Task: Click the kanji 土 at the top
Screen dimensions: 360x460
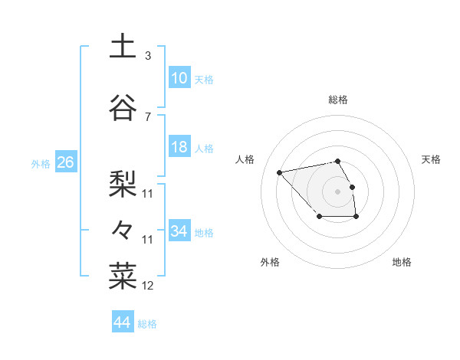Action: [123, 47]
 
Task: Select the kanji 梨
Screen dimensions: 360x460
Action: [123, 182]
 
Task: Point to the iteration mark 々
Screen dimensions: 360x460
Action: [123, 229]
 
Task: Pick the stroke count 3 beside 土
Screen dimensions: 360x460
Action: [148, 56]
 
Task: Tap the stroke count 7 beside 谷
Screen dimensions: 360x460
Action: [148, 116]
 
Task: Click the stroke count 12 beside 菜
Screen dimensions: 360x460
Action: [148, 286]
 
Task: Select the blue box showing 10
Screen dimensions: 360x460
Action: [179, 78]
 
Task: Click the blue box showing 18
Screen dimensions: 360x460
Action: [179, 147]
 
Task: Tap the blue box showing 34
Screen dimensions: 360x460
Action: [179, 231]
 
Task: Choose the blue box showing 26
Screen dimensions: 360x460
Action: [65, 162]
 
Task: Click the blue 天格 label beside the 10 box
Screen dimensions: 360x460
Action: [204, 80]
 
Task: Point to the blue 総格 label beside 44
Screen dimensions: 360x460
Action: [147, 324]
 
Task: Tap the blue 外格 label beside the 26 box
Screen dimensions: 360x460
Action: [41, 164]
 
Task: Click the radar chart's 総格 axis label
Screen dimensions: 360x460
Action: [338, 100]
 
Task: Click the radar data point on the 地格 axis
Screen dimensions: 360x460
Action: [356, 217]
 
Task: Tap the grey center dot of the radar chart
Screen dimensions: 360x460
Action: [337, 190]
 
